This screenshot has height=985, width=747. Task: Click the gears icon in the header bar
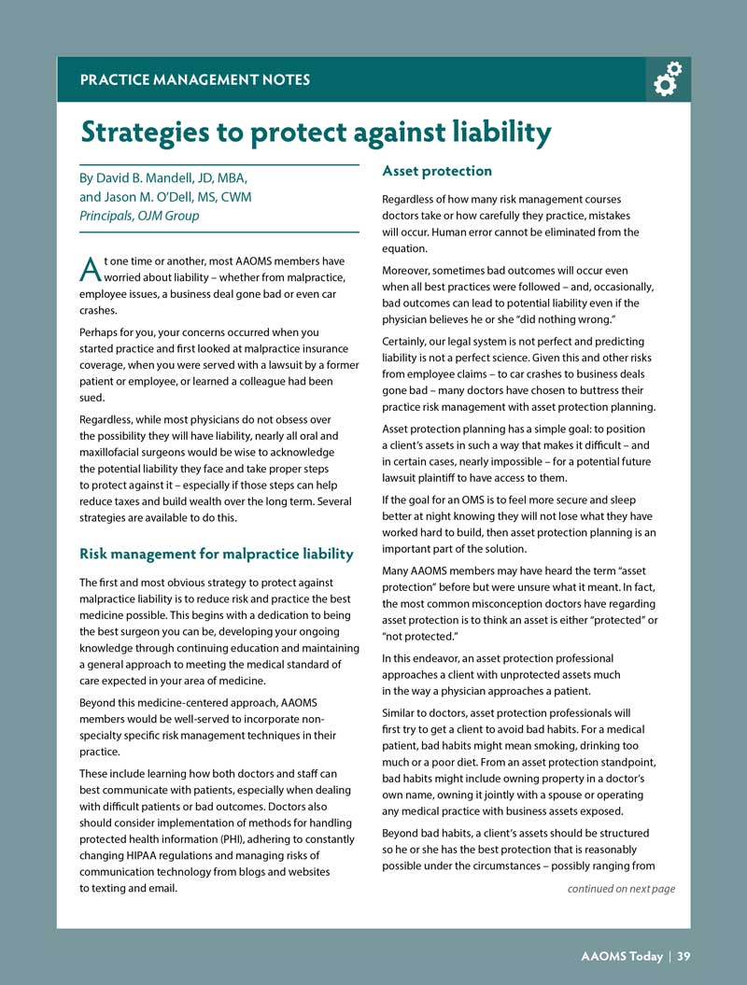pos(668,79)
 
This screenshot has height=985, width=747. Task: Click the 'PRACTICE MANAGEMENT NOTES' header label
pos(195,79)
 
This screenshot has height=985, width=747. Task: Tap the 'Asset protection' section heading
pos(437,171)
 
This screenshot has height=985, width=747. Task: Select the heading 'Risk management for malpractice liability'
pos(217,555)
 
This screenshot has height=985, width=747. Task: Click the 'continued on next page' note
pos(621,888)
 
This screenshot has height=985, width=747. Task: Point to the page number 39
pos(684,955)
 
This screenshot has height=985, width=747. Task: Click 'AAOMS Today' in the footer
pos(621,955)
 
